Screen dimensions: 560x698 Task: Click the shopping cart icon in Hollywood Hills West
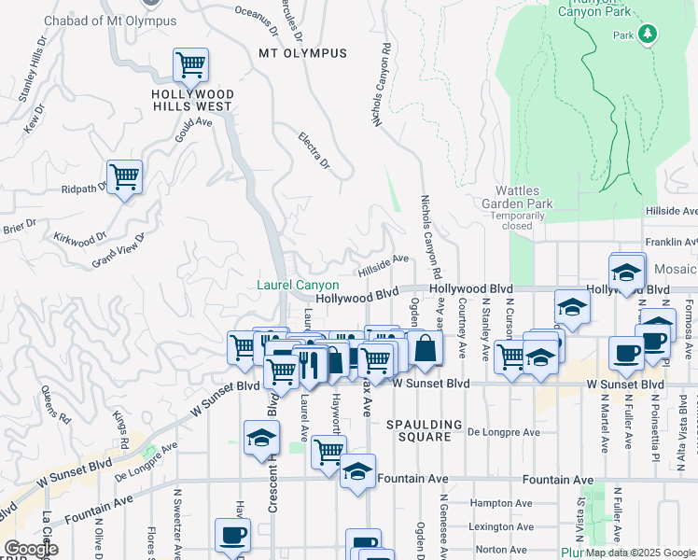click(190, 65)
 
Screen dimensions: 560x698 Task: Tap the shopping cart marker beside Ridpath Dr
click(124, 175)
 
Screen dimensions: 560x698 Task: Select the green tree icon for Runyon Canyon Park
click(648, 35)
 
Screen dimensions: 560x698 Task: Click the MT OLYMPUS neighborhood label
click(302, 53)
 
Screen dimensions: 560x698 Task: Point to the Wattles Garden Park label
click(518, 203)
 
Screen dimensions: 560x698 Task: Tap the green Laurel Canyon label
click(298, 285)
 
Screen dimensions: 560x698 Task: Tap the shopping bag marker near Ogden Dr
click(425, 348)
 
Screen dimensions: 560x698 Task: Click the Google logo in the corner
click(30, 550)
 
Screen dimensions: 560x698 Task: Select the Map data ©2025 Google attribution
click(640, 553)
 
